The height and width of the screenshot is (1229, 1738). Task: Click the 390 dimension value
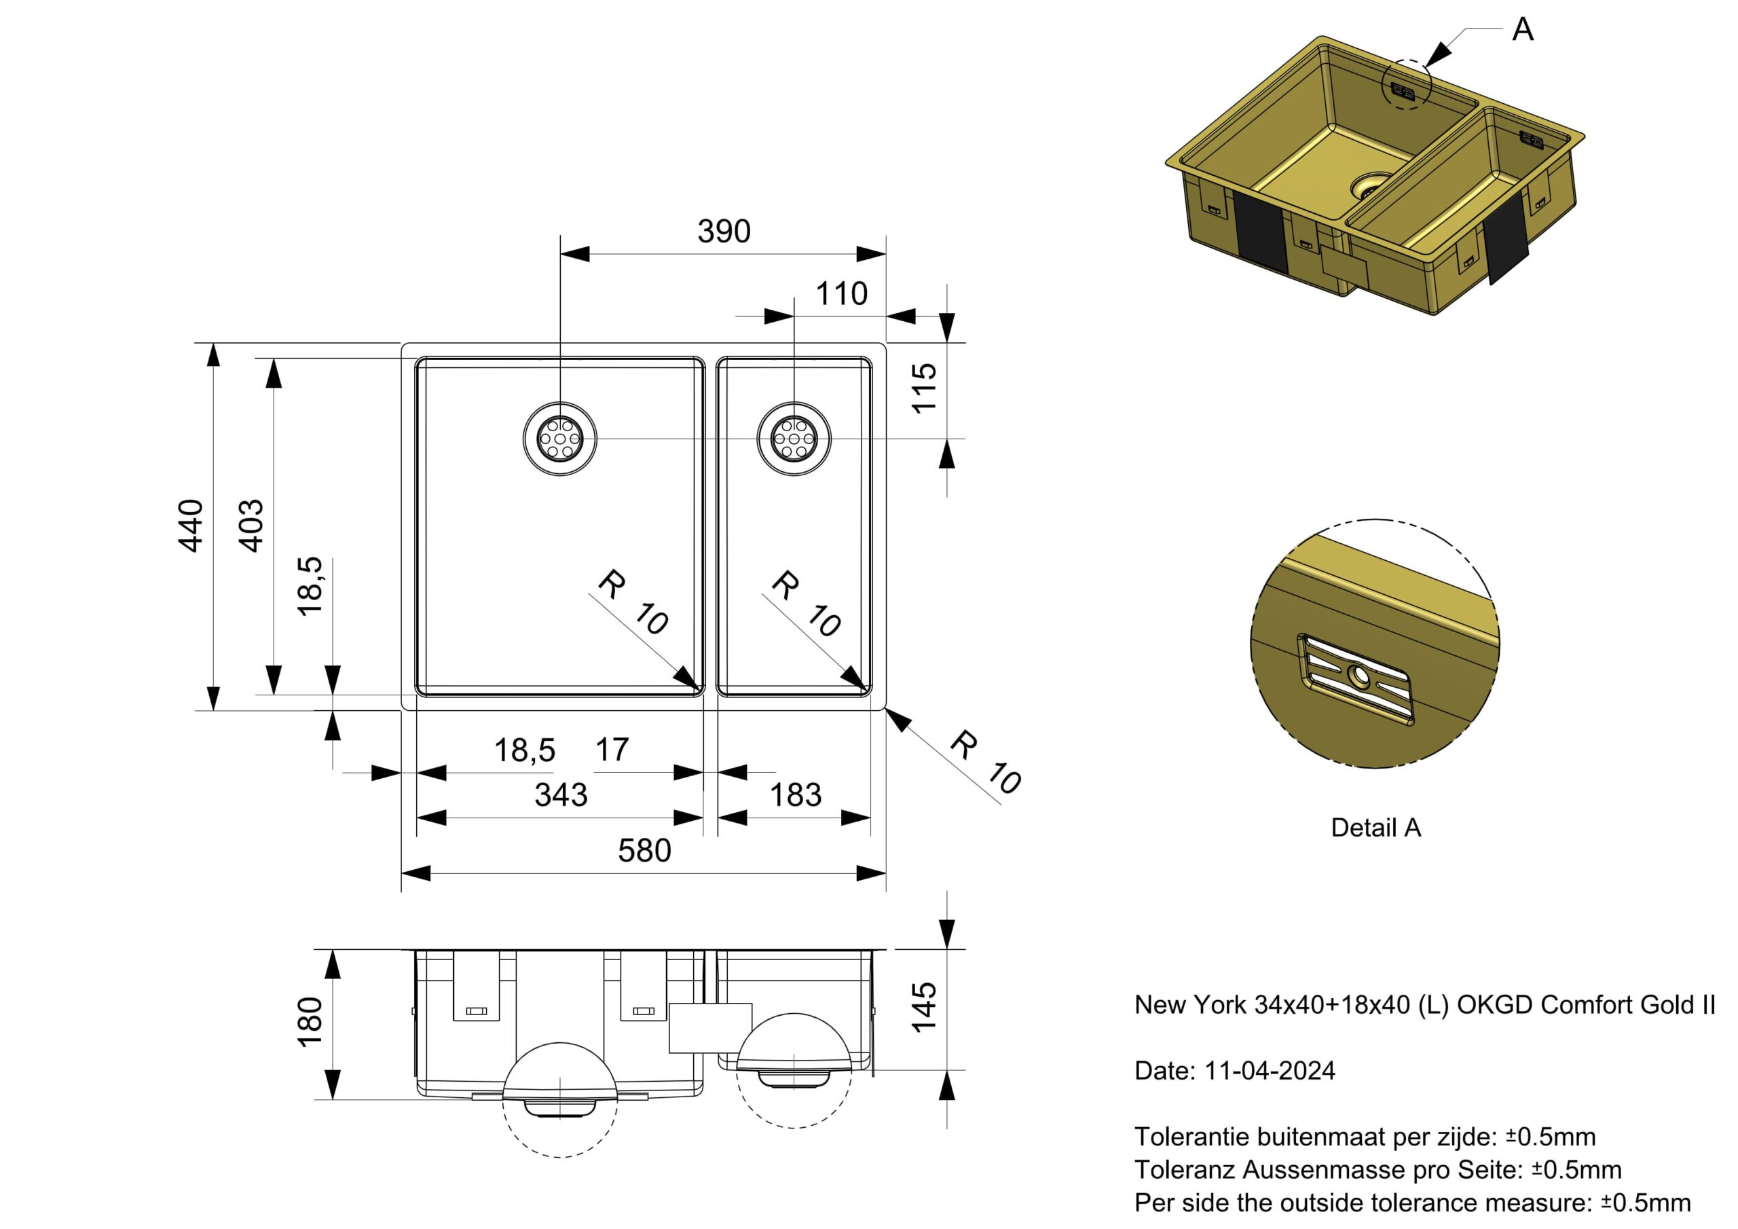(723, 232)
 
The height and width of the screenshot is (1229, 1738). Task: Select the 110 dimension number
(841, 294)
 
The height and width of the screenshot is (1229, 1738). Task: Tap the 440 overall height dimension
(191, 526)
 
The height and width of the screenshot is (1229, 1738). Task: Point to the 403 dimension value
(251, 526)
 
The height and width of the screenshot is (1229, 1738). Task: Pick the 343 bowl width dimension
(561, 795)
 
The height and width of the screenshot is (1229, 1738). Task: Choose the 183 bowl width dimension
(796, 795)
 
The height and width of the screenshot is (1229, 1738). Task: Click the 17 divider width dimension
(612, 750)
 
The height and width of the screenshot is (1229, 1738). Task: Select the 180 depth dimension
(311, 1023)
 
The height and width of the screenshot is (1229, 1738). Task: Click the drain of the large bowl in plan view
(560, 439)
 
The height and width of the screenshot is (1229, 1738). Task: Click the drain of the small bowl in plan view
(794, 439)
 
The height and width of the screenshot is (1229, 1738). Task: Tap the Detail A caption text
(1375, 828)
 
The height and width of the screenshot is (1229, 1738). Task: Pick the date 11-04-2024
(1270, 1071)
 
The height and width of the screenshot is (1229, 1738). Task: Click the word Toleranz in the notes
(1185, 1170)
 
